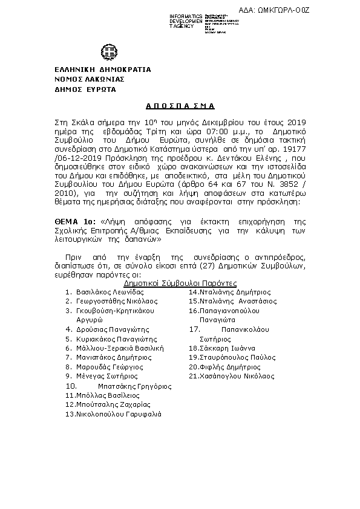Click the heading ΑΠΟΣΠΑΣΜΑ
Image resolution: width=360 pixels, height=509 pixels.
pos(180,105)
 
